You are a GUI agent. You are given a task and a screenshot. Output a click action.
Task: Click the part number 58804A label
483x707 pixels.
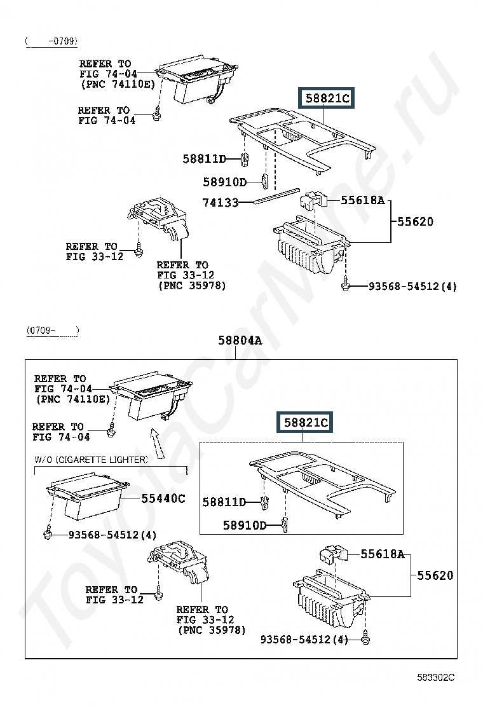pos(240,340)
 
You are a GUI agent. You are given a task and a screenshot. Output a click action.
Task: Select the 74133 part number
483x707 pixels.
pos(221,203)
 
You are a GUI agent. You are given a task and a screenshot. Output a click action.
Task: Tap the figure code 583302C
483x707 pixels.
pos(436,678)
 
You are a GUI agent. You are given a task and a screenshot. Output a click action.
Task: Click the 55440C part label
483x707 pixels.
pos(163,498)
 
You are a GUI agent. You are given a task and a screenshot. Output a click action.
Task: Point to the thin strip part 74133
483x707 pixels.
pos(276,196)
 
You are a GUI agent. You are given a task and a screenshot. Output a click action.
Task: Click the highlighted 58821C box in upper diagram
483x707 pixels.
pos(327,98)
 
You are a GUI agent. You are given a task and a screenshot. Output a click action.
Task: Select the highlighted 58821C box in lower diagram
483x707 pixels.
pos(305,423)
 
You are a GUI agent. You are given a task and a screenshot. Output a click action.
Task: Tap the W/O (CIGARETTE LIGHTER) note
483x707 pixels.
pos(91,460)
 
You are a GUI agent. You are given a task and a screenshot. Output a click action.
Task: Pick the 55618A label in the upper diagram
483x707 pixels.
pos(363,200)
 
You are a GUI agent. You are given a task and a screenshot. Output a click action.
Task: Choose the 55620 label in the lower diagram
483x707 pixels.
pos(435,575)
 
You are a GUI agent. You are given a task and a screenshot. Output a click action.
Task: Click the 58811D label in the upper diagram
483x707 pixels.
pos(204,159)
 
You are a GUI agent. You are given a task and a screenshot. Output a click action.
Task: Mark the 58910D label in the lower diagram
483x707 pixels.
pos(245,525)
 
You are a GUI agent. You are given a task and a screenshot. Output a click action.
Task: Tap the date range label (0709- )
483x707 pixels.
pos(53,330)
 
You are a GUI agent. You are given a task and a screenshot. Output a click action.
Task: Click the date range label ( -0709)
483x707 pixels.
pos(51,41)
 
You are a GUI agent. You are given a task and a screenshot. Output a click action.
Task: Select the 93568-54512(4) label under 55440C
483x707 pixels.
pos(112,535)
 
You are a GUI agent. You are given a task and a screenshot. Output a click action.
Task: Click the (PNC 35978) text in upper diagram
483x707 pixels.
pos(192,285)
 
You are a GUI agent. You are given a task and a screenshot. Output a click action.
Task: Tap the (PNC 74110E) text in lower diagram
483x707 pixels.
pos(73,399)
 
